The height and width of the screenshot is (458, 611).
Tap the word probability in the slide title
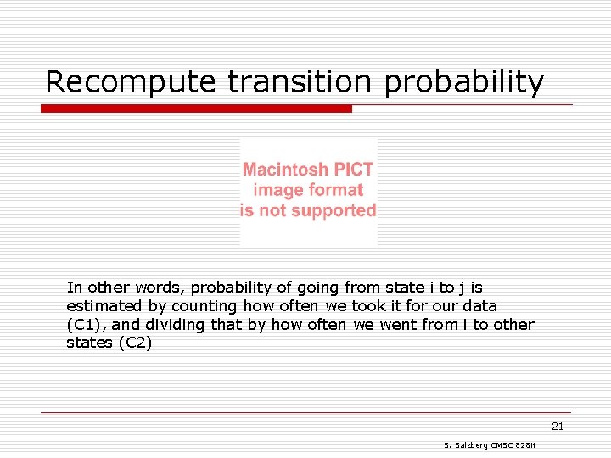pos(464,82)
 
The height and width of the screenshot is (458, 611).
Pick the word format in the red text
pos(333,190)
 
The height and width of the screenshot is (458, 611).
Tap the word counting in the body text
pos(205,306)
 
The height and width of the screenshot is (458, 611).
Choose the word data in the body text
pos(479,306)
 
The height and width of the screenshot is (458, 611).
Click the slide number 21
pos(558,427)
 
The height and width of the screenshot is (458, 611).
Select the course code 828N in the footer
pos(536,446)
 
